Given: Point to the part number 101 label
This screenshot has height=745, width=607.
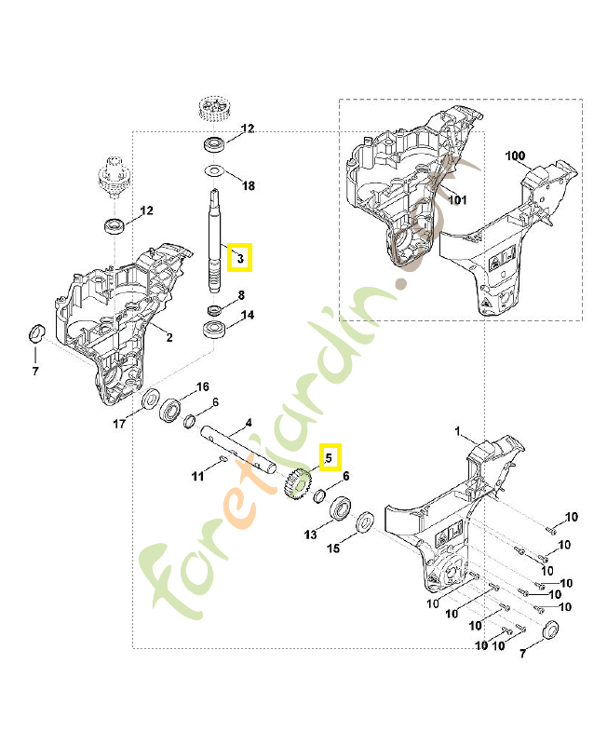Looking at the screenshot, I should [x=456, y=197].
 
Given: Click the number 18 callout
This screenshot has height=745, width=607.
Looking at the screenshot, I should [x=248, y=186].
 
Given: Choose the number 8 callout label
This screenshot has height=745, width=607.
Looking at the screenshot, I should [x=240, y=296].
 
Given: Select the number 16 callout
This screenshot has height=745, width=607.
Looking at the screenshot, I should [x=201, y=386].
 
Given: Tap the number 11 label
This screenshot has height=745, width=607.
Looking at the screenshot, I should [x=197, y=477].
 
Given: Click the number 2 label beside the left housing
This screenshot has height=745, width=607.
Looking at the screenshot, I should [x=169, y=336].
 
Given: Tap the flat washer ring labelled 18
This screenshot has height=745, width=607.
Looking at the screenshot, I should [x=214, y=171].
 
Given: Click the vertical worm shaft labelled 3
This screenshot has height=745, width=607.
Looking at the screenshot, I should [x=215, y=233].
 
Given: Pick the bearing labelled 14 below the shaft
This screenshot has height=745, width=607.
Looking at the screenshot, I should [x=215, y=328].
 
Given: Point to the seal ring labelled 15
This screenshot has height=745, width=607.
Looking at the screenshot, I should [x=364, y=523].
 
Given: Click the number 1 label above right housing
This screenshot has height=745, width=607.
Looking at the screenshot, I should [x=457, y=431].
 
